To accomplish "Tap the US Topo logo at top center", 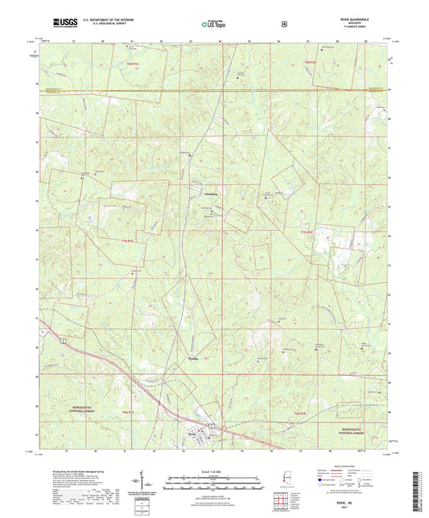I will pos(213,24).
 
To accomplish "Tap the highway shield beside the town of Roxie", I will pos(212,425).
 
